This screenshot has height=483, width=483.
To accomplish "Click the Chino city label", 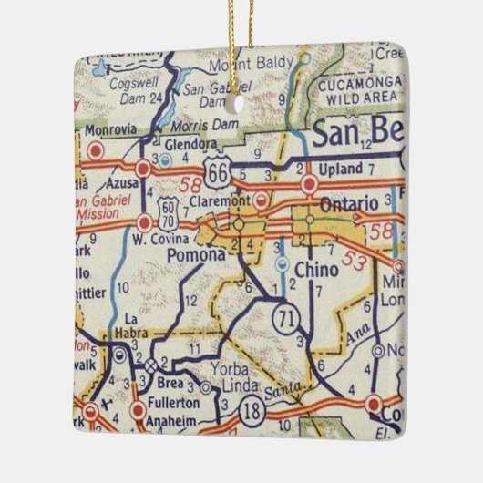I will (316, 270).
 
